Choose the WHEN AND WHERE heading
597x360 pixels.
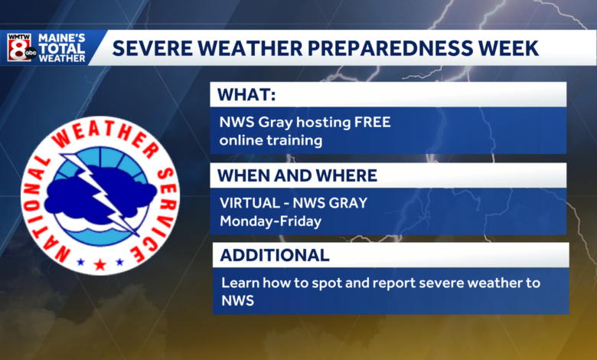(297, 175)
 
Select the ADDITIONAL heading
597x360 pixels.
(276, 255)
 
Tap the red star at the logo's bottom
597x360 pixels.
(99, 264)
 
